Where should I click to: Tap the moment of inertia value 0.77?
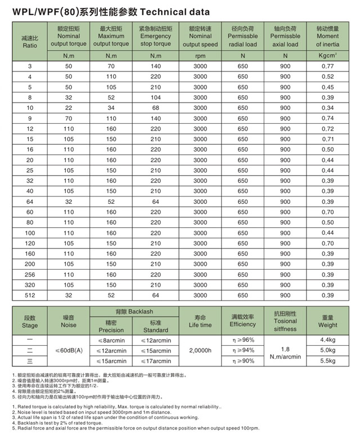pos(327,66)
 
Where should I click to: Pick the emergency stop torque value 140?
pos(155,66)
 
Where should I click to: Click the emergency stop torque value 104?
pos(155,97)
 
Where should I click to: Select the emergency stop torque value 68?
pos(155,108)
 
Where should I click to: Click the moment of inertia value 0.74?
pos(327,118)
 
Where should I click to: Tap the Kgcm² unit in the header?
pos(327,55)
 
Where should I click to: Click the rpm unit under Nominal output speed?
pos(200,55)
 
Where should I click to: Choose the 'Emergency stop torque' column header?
pos(155,36)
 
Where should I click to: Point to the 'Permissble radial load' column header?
pos(243,36)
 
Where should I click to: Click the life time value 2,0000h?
pos(200,350)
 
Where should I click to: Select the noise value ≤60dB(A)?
pos(69,350)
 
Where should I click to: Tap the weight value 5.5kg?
pos(327,360)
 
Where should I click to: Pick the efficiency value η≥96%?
pos(243,340)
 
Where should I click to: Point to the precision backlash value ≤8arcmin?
pos(111,340)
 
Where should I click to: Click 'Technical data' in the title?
pos(172,11)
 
